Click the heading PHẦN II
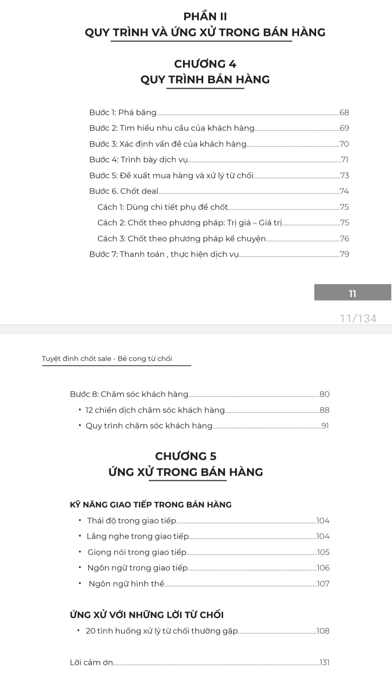205,17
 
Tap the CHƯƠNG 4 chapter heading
205,64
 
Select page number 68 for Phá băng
344,113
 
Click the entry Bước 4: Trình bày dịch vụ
139,160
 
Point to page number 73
344,176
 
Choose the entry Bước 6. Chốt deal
124,191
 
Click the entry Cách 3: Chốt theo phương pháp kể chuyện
181,239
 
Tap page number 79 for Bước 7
344,255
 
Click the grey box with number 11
352,293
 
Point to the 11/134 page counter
358,318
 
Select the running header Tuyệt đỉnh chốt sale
107,359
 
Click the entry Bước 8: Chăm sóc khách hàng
129,394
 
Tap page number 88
324,410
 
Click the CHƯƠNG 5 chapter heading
186,456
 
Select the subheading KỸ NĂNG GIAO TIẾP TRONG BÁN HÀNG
151,505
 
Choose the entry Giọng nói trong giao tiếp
137,552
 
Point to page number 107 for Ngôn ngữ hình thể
323,584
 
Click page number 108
323,631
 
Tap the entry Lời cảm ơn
91,663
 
